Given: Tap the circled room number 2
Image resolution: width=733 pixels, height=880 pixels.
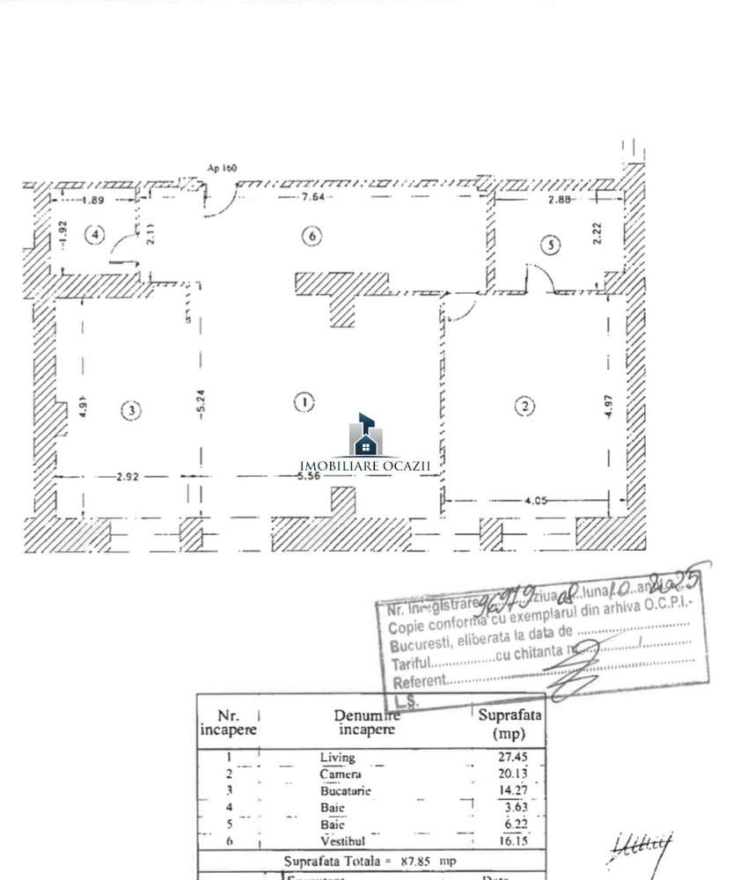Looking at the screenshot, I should (x=524, y=406).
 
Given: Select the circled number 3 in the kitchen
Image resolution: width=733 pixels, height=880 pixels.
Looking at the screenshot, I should (x=130, y=409).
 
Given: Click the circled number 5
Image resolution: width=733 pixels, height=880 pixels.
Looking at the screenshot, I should (x=549, y=246).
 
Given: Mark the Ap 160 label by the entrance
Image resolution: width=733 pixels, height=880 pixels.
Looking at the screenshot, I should (x=222, y=167).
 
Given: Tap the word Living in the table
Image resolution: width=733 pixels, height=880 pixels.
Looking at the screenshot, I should (x=337, y=757).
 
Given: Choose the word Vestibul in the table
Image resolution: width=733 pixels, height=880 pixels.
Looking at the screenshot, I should (x=339, y=840).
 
